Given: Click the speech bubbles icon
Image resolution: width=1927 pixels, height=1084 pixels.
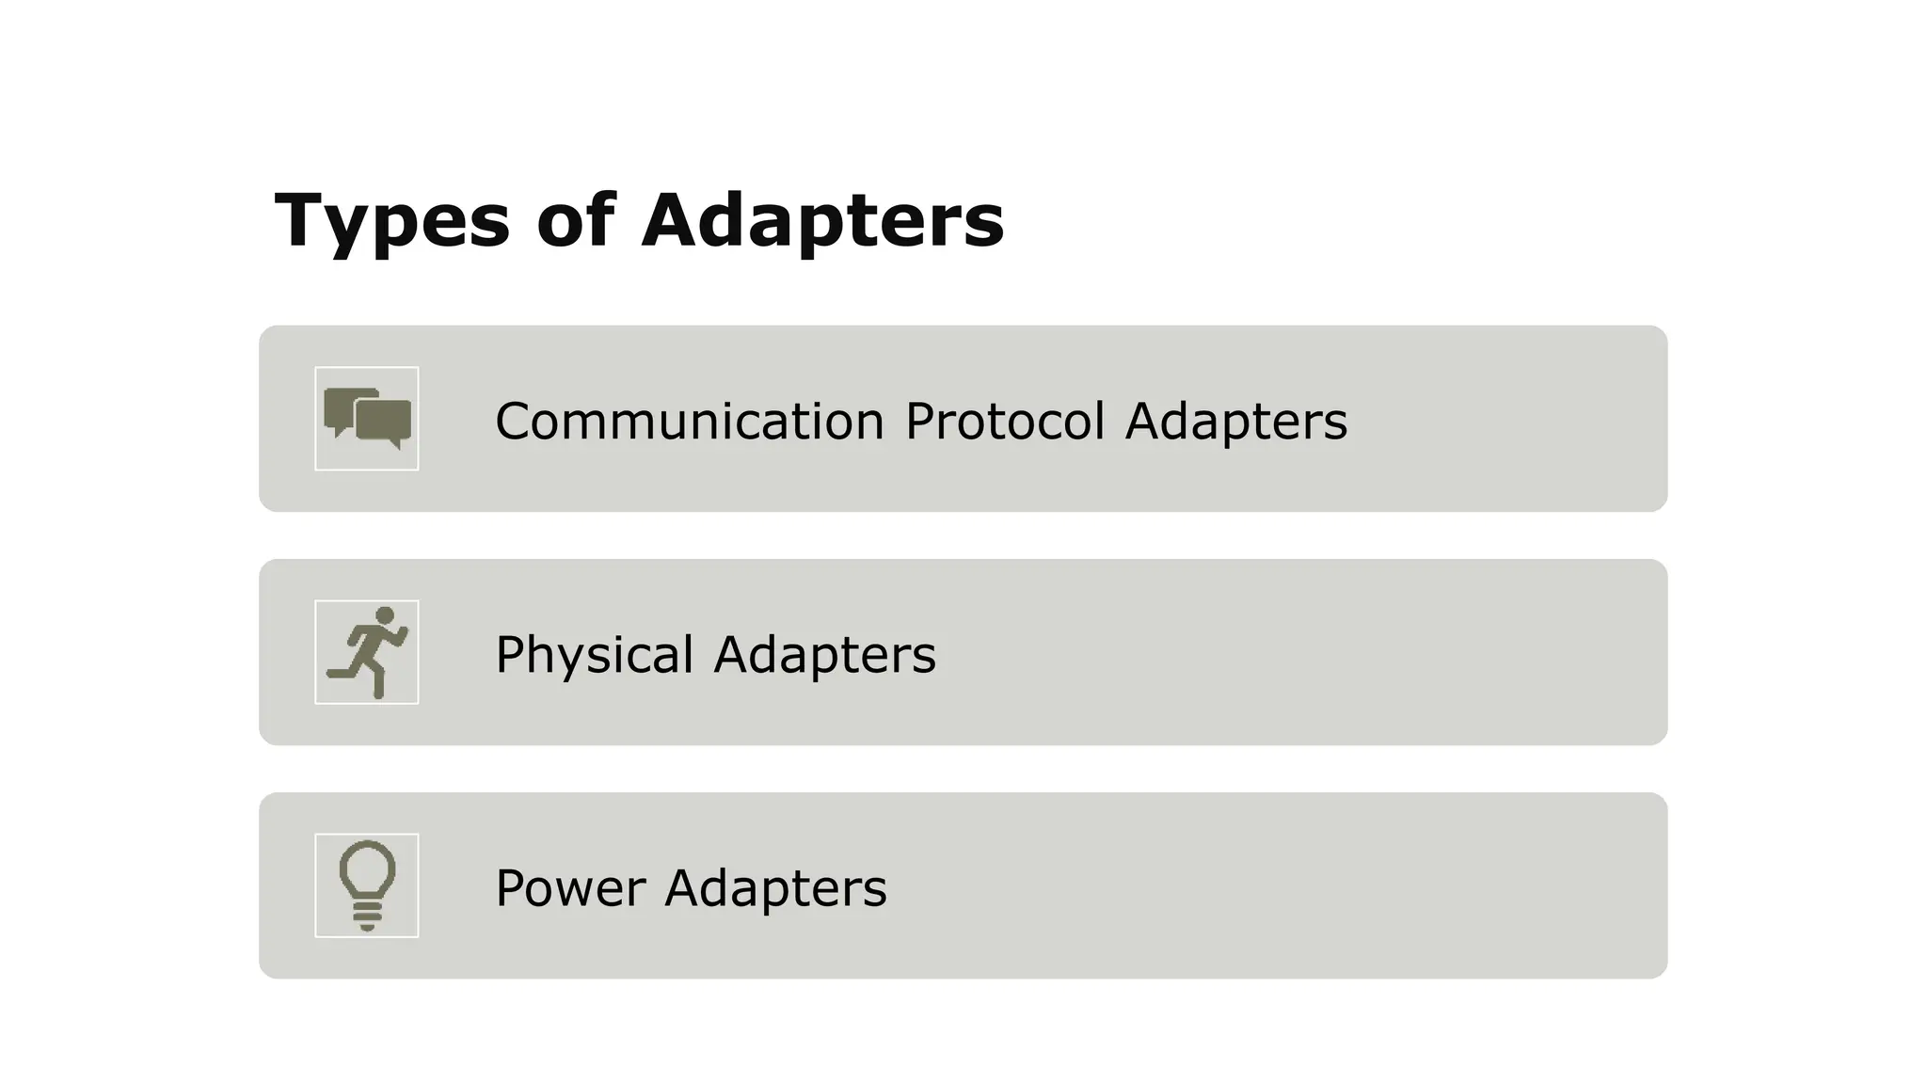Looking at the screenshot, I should (x=367, y=419).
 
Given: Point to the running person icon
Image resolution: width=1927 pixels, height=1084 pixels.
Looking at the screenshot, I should (x=367, y=652).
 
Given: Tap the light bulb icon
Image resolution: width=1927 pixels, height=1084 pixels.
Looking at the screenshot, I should (x=367, y=885).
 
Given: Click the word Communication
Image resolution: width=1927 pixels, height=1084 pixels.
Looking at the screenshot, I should (x=690, y=421).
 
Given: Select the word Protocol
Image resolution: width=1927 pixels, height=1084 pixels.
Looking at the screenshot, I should (x=1004, y=421).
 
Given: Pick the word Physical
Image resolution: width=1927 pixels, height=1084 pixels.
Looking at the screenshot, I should (x=594, y=655).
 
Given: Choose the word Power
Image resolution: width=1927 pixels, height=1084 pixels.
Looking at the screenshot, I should (x=570, y=887).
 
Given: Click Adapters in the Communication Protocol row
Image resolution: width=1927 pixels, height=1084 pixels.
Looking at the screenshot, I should (x=1235, y=421).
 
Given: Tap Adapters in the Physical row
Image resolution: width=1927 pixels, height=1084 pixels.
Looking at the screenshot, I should (x=824, y=654).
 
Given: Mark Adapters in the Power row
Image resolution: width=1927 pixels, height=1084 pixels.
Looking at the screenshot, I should (x=775, y=887).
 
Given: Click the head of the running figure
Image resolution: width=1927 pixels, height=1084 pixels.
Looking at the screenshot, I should (x=385, y=615).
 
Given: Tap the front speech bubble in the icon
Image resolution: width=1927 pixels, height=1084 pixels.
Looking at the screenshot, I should (x=384, y=420).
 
